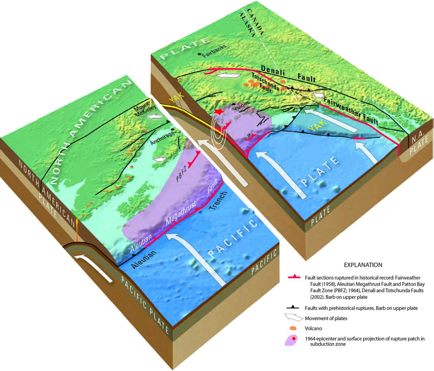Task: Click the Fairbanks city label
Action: (215, 55)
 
